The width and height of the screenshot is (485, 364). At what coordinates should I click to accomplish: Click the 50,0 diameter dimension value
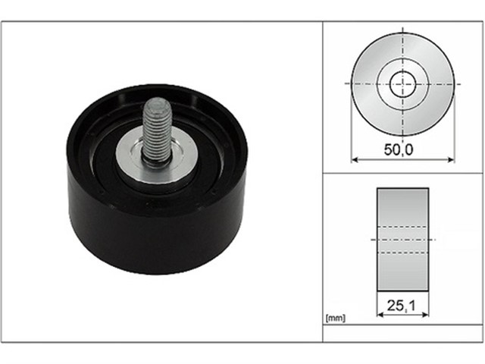pos(399,150)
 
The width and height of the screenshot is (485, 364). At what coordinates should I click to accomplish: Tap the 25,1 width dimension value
pos(402,306)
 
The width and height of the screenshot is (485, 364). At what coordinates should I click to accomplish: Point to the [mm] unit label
pos(335,318)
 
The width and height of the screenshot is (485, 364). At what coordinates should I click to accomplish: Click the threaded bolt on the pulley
pos(157,130)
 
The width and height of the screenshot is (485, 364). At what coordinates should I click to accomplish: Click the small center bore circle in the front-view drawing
pos(402,84)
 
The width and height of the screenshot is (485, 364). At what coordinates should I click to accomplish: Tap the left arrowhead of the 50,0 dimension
pos(355,160)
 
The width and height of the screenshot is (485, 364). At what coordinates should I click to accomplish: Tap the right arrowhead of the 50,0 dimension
pos(452,160)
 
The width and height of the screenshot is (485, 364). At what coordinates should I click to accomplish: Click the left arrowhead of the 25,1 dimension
pos(380,315)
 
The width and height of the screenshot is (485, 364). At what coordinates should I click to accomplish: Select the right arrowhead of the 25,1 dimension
pos(425,315)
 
